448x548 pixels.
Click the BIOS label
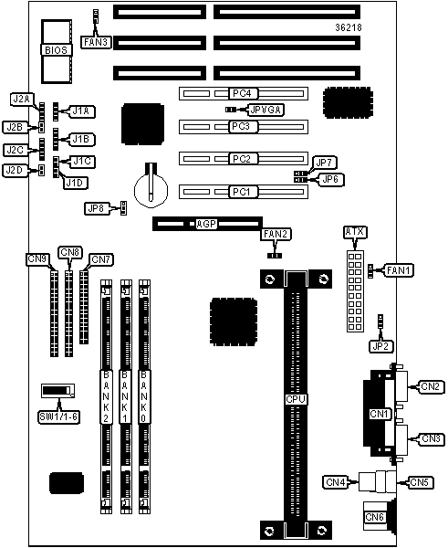[x=57, y=50]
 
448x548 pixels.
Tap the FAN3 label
[x=96, y=42]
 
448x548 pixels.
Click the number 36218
[x=349, y=27]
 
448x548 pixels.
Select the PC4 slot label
[x=242, y=93]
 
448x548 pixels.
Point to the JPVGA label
[x=266, y=111]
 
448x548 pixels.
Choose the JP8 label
[x=96, y=208]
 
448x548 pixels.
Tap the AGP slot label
[x=206, y=224]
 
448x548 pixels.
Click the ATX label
[x=355, y=232]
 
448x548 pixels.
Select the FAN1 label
[x=399, y=270]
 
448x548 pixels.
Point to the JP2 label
[x=380, y=346]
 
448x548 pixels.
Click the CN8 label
[x=70, y=252]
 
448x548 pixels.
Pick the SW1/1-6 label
[x=58, y=416]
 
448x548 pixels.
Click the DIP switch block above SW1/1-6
[x=58, y=391]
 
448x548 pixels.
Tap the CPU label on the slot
[x=296, y=399]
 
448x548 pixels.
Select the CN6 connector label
[x=374, y=517]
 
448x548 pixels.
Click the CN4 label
[x=335, y=482]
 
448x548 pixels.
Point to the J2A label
[x=21, y=100]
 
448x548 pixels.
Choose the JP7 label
[x=326, y=163]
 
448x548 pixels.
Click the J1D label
[x=76, y=183]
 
